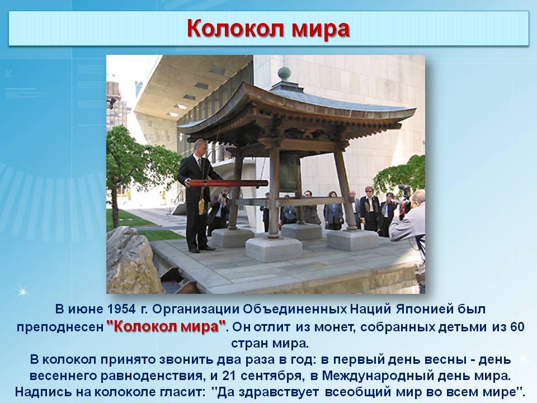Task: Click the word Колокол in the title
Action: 236,28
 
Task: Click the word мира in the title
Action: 321,30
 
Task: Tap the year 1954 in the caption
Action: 121,309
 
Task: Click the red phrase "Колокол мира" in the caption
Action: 166,326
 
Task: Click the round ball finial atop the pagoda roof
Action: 284,74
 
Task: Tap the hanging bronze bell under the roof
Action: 290,173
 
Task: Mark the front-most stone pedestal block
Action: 274,249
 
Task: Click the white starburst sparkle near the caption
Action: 23,292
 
